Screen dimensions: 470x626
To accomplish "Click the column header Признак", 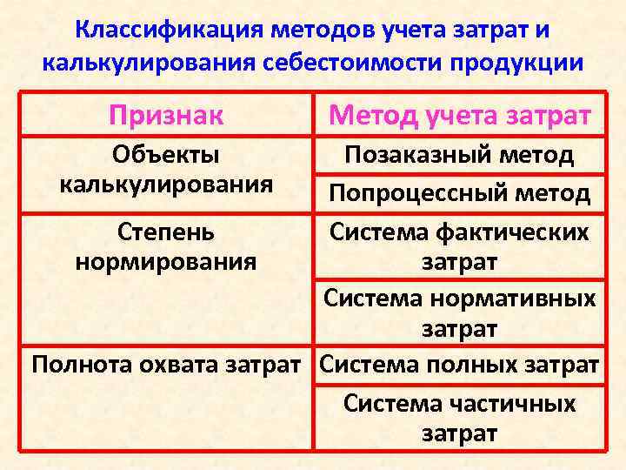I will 165,114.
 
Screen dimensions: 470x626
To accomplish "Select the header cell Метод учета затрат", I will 459,114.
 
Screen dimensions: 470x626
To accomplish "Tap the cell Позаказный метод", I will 459,156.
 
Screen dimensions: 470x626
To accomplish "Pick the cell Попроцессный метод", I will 459,193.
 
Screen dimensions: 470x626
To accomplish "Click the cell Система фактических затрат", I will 459,246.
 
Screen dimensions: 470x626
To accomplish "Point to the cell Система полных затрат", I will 459,364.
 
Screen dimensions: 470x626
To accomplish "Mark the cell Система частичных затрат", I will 459,418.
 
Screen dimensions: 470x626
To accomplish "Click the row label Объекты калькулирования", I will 165,170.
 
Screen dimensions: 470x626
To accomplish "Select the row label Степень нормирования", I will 165,246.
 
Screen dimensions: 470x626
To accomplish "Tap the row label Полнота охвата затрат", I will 170,364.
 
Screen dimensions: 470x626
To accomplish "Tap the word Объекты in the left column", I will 165,155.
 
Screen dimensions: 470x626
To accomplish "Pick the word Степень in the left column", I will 165,232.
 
